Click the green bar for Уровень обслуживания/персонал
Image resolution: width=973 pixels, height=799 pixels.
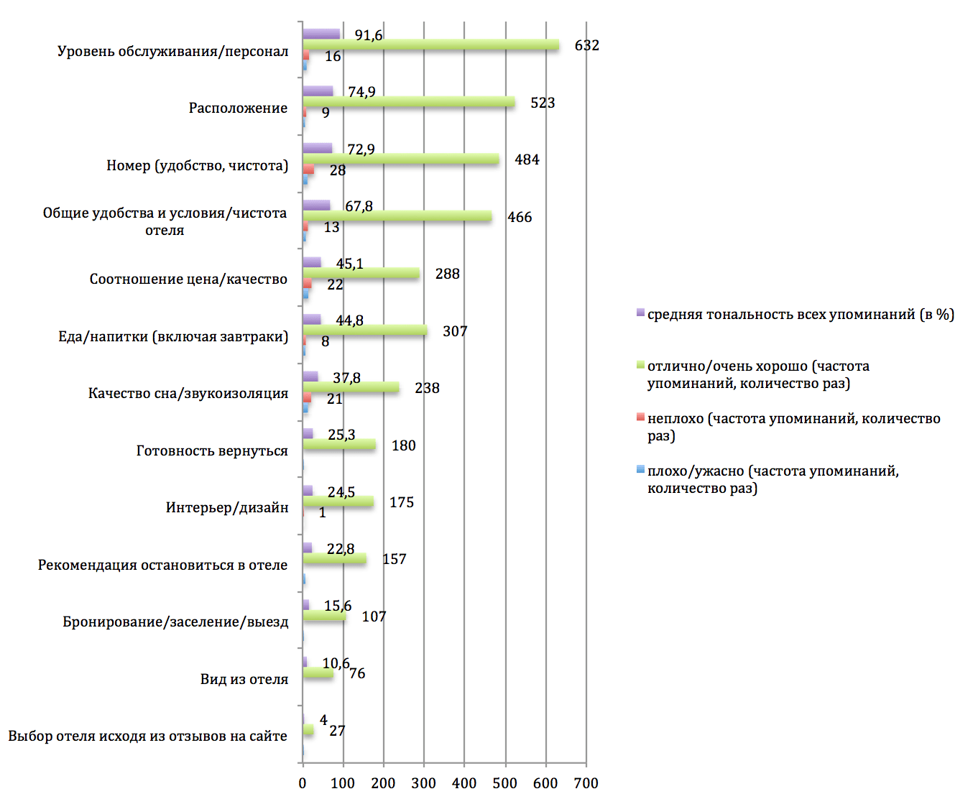(431, 45)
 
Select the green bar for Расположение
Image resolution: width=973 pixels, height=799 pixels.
(408, 102)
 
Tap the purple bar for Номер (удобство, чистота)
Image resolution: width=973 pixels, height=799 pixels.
(317, 148)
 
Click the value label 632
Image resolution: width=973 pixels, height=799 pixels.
(586, 45)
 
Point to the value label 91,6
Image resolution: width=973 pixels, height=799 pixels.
(368, 35)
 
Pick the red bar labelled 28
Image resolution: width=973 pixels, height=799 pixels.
(308, 169)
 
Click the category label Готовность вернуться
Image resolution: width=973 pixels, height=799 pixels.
(212, 451)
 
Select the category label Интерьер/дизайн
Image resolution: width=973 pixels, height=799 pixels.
(227, 507)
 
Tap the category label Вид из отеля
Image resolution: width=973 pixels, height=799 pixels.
(244, 679)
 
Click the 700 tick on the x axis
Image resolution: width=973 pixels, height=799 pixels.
(586, 783)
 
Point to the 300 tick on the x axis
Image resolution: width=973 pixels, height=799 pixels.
(424, 783)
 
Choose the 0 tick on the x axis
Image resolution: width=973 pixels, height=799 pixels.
(303, 783)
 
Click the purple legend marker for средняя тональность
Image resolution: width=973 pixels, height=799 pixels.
(640, 313)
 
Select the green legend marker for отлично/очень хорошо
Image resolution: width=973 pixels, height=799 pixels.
(640, 365)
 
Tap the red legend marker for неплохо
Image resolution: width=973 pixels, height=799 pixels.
(640, 417)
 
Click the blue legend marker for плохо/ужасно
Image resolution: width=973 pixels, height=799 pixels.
(640, 470)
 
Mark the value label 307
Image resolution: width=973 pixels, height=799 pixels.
(455, 331)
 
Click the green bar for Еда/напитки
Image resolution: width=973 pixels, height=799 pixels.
(364, 331)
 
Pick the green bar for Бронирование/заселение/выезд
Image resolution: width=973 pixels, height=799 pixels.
(324, 616)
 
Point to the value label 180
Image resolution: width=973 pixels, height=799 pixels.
(403, 445)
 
